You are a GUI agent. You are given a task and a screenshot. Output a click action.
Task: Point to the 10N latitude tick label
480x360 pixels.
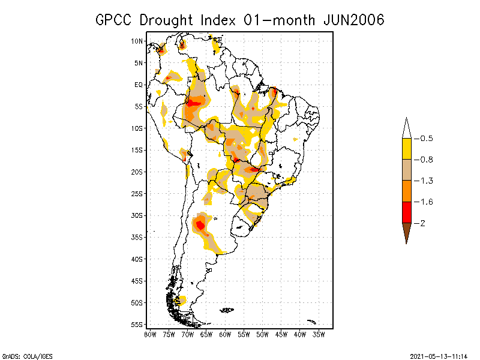(137, 41)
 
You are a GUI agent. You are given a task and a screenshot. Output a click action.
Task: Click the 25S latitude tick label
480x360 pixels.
(137, 193)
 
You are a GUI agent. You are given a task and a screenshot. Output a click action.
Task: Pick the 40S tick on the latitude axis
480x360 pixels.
(137, 259)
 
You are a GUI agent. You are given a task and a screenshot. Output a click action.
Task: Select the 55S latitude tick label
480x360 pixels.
(137, 324)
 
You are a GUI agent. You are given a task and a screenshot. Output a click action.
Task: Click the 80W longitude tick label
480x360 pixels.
(150, 334)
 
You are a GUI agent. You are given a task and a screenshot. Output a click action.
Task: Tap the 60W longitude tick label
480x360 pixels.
(225, 334)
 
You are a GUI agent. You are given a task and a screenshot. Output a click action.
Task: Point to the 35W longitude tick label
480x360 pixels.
(319, 334)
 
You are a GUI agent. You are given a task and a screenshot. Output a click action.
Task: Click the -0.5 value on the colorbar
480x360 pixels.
(424, 139)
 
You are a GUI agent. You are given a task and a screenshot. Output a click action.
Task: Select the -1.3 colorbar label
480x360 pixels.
(424, 181)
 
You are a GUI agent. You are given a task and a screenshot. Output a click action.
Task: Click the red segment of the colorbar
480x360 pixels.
(406, 212)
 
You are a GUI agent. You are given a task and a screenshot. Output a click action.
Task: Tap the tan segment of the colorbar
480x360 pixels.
(406, 170)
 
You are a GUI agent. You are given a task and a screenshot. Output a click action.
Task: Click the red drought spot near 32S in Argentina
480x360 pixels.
(200, 225)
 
